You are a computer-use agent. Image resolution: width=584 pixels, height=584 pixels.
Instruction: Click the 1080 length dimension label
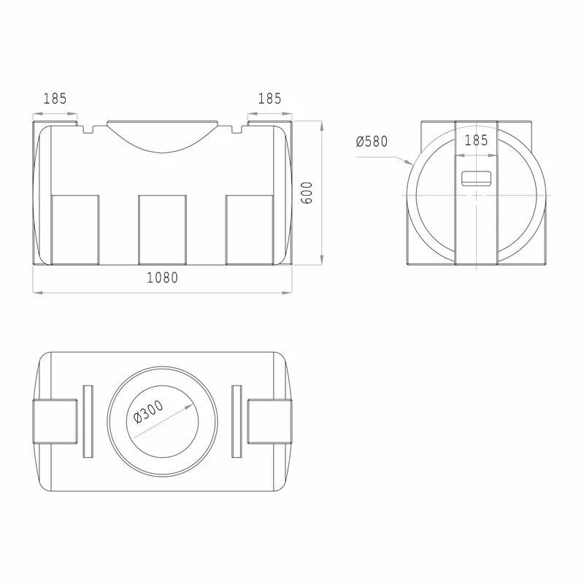pyautogui.click(x=162, y=278)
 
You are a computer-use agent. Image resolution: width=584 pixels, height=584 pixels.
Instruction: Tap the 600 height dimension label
pyautogui.click(x=307, y=193)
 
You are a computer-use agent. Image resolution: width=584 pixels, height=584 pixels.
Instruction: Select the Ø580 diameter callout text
pyautogui.click(x=372, y=142)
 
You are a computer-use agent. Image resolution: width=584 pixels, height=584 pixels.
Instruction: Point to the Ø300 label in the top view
pyautogui.click(x=148, y=412)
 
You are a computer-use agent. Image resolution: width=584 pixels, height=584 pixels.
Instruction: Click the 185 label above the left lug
pyautogui.click(x=55, y=99)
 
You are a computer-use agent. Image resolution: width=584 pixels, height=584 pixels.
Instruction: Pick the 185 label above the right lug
pyautogui.click(x=269, y=99)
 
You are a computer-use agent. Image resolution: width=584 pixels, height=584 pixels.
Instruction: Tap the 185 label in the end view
pyautogui.click(x=477, y=140)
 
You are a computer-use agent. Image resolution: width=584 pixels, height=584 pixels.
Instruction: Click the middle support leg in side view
pyautogui.click(x=162, y=230)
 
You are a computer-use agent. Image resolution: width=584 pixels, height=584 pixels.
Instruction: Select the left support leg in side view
pyautogui.click(x=75, y=230)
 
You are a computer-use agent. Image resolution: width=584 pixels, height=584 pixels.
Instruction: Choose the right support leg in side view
pyautogui.click(x=250, y=230)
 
